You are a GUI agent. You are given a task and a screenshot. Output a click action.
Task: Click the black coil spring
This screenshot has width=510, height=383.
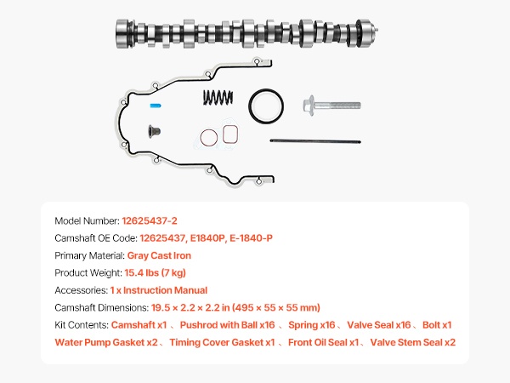pos(218,98)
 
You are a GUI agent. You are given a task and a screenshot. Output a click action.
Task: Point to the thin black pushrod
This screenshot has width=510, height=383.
pos(309,140)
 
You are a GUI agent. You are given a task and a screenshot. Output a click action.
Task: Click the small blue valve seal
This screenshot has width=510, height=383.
pos(154,106)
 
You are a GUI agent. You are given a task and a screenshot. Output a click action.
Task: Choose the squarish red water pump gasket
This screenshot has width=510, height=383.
pos(229,134)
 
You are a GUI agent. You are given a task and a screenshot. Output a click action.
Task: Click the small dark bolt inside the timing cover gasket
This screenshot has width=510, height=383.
pos(153,132)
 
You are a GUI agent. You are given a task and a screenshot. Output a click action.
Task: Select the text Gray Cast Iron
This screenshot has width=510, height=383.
pos(159,255)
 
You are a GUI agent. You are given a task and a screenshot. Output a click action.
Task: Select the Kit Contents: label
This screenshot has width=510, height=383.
pos(81,325)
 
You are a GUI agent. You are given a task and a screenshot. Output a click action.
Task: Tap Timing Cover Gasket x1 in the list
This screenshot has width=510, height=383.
pos(222,342)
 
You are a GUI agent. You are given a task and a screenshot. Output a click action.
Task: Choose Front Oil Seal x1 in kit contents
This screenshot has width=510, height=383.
pos(326,342)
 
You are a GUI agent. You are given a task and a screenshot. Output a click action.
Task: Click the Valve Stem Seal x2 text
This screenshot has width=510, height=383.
pos(414,342)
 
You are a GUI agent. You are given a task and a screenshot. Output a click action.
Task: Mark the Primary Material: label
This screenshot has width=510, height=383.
pos(89,255)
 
